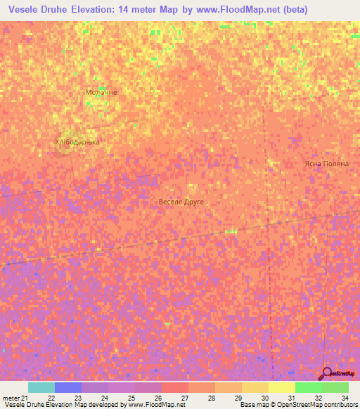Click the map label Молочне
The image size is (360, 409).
pos(101,92)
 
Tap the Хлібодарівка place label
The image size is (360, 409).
pos(77,142)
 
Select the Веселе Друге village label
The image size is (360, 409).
pos(181,202)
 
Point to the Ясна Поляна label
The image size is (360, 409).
pos(326,163)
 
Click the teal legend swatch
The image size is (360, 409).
pos(41,387)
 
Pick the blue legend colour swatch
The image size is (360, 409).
pos(68,387)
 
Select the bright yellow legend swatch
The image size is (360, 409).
pos(281,387)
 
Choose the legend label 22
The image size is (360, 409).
pos(51,398)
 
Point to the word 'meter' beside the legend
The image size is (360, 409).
pos(11,398)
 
